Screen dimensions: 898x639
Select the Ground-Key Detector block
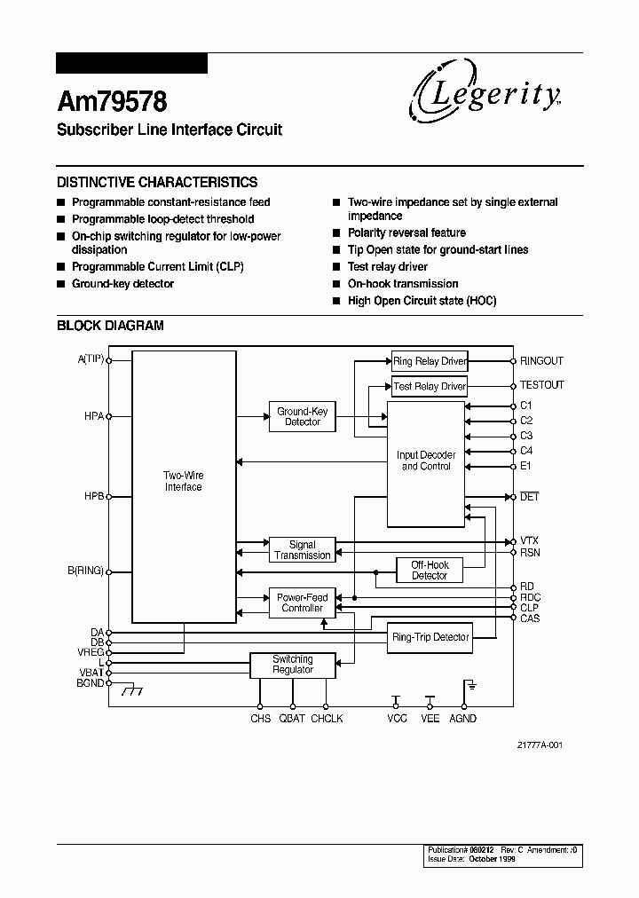click(x=303, y=416)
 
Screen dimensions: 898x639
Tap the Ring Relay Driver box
click(x=430, y=361)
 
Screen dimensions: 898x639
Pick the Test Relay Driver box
click(x=430, y=386)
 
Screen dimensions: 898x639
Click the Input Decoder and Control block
click(x=426, y=461)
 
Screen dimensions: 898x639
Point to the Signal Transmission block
click(x=303, y=550)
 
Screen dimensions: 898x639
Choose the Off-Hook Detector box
click(x=430, y=570)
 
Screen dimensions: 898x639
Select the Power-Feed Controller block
click(x=303, y=603)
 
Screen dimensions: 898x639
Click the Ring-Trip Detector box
click(x=430, y=637)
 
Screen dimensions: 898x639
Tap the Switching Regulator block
click(x=293, y=665)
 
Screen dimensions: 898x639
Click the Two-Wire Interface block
click(x=184, y=481)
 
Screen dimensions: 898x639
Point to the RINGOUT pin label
click(x=541, y=361)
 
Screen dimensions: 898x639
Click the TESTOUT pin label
click(x=541, y=385)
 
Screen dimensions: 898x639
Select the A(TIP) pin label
click(x=91, y=358)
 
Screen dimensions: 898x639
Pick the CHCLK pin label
click(x=327, y=718)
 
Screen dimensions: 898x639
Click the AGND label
click(x=462, y=718)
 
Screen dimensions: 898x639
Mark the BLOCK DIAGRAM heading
click(x=110, y=326)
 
